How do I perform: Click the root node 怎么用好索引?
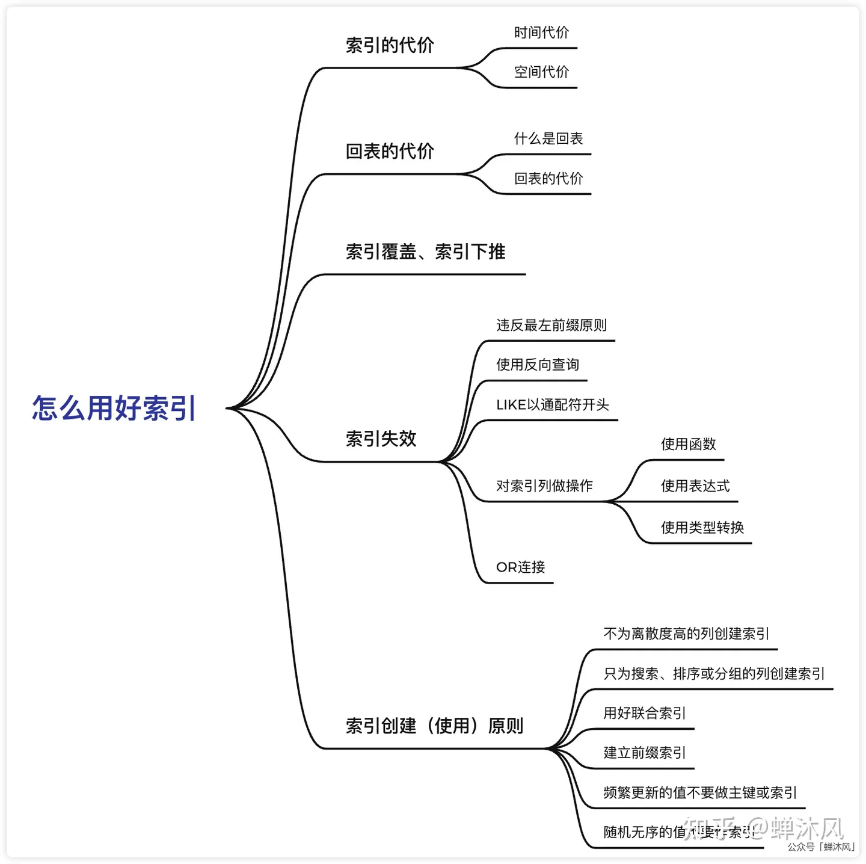[x=114, y=408]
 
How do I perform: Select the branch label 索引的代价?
[x=390, y=45]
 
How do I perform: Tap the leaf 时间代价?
[x=541, y=32]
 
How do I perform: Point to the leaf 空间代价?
[x=541, y=72]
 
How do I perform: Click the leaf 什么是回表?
[x=548, y=138]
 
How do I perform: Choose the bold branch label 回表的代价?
[x=390, y=151]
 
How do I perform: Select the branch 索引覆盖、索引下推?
[x=425, y=251]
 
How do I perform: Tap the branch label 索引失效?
[x=381, y=439]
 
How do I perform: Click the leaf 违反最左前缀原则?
[x=551, y=326]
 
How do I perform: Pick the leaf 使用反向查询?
[x=538, y=365]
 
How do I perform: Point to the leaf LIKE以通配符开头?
[x=553, y=405]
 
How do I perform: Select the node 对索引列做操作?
[x=544, y=486]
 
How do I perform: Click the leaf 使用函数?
[x=689, y=444]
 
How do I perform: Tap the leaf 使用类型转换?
[x=702, y=528]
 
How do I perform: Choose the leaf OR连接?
[x=521, y=567]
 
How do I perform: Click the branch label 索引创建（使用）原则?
[x=434, y=726]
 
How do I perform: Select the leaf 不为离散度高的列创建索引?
[x=686, y=634]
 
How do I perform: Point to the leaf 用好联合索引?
[x=645, y=713]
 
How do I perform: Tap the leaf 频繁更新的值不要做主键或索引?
[x=700, y=792]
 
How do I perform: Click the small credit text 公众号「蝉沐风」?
[x=821, y=847]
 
